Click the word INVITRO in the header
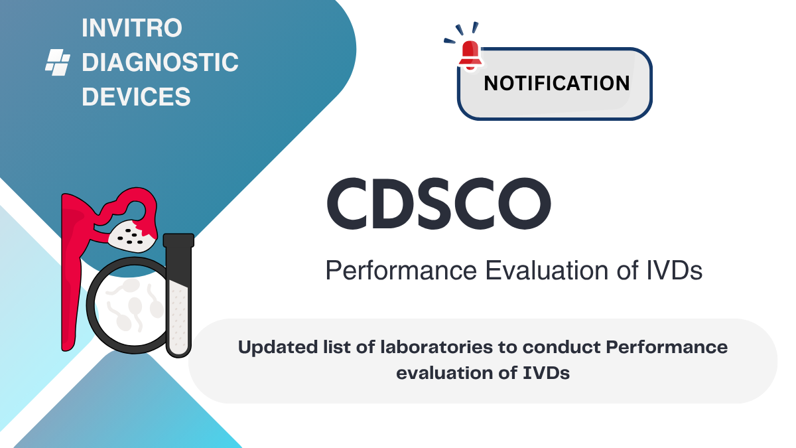click(132, 29)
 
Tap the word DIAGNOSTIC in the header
click(159, 63)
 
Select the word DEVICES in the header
click(136, 98)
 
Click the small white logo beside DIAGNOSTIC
click(57, 62)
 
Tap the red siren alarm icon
click(470, 51)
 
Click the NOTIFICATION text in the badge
click(557, 84)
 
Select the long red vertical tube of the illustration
click(69, 279)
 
